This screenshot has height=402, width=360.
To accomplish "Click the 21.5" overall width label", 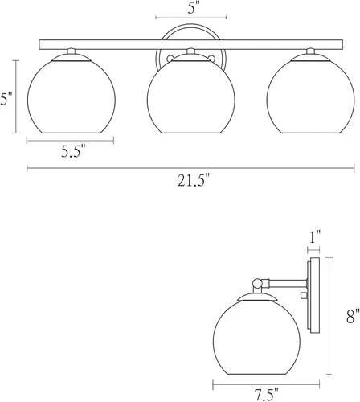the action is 193,181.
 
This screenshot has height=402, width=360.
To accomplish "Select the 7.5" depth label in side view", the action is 266,395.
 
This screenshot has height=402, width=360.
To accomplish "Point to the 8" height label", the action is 352,316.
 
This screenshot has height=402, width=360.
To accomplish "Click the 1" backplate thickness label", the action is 315,237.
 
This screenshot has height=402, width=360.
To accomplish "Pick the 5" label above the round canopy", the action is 192,8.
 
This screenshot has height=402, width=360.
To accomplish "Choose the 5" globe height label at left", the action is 5,99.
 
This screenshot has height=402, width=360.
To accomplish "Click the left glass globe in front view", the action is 72,97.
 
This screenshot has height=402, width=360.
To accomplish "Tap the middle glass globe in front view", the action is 191,97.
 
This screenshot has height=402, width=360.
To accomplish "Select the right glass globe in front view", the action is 311,97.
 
